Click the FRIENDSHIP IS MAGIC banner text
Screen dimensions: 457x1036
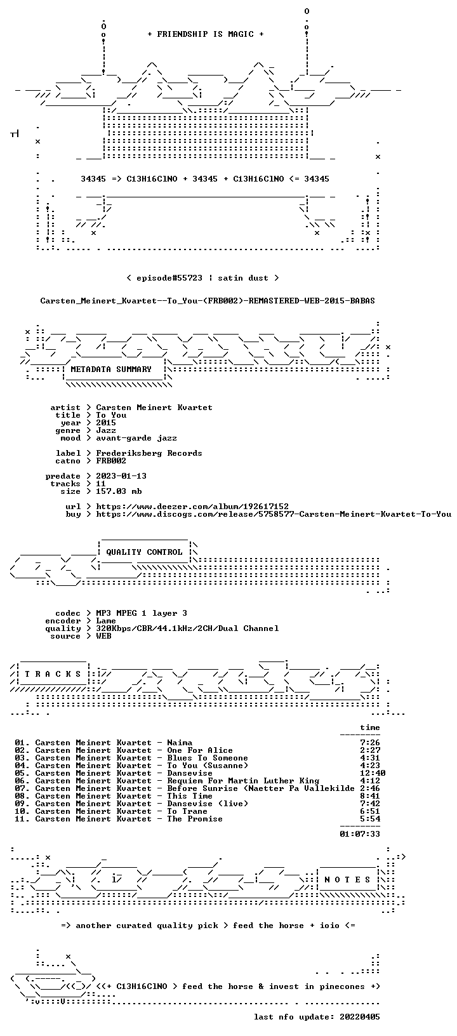pyautogui.click(x=206, y=34)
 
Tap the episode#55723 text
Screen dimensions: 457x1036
pyautogui.click(x=169, y=278)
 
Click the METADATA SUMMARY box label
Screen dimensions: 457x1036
pyautogui.click(x=111, y=369)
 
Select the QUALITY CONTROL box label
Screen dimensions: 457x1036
pyautogui.click(x=144, y=552)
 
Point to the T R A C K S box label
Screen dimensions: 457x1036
pyautogui.click(x=53, y=674)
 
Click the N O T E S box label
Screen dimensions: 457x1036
pyautogui.click(x=347, y=879)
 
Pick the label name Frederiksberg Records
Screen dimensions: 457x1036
pyautogui.click(x=149, y=453)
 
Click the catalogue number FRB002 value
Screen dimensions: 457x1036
pyautogui.click(x=111, y=461)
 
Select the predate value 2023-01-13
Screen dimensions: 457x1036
pyautogui.click(x=121, y=476)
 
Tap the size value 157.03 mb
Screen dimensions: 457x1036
pyautogui.click(x=119, y=491)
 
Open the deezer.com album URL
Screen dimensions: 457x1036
pyautogui.click(x=192, y=507)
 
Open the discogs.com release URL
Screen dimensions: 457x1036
pyautogui.click(x=274, y=514)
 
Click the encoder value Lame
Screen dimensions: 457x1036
pyautogui.click(x=106, y=621)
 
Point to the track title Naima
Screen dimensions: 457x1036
pyautogui.click(x=180, y=743)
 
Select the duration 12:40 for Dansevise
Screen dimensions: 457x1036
pyautogui.click(x=373, y=773)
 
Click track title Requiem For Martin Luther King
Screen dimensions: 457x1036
pyautogui.click(x=243, y=781)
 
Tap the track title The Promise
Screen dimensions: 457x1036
pyautogui.click(x=195, y=819)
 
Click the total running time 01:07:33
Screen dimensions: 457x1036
pyautogui.click(x=360, y=834)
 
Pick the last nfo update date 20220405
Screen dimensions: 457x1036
pyautogui.click(x=360, y=1016)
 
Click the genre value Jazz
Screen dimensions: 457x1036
pyautogui.click(x=106, y=430)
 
